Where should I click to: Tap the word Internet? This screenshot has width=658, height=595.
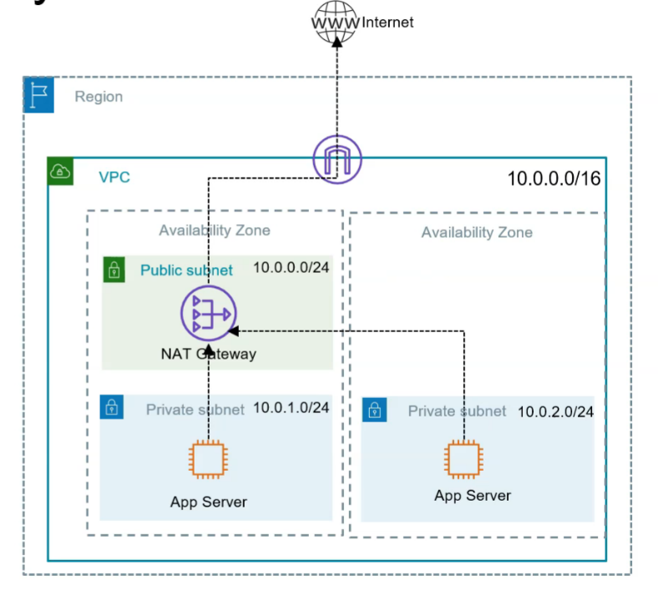pos(387,23)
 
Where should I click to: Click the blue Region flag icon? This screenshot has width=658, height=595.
pos(38,96)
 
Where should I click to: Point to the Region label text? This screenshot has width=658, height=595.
pos(99,97)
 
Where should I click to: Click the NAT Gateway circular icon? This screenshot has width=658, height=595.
pos(208,313)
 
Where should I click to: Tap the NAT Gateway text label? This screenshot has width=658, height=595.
pos(208,354)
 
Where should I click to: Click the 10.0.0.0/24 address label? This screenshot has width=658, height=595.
pos(291,270)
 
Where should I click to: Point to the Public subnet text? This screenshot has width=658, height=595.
pos(186,270)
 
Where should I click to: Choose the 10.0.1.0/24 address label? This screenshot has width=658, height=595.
pos(291,408)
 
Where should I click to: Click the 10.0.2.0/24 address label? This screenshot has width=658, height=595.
pos(555,411)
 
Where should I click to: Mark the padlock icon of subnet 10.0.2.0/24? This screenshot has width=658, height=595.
pos(375,410)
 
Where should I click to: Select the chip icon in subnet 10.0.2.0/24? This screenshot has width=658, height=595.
pos(463,459)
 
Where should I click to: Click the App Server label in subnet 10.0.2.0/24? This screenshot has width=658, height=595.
pos(473,496)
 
